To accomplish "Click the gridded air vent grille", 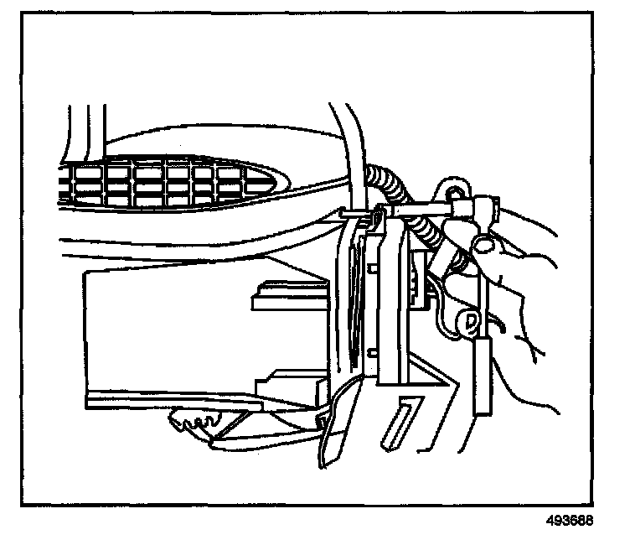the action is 159,184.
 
